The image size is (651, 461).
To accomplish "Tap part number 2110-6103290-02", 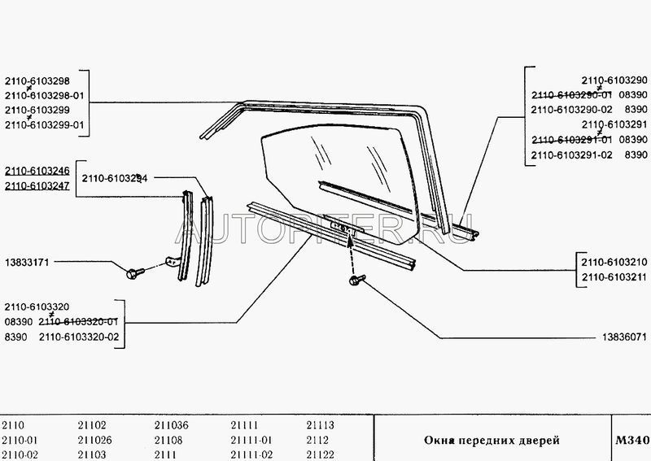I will [x=570, y=110].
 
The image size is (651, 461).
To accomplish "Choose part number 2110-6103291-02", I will [x=570, y=154].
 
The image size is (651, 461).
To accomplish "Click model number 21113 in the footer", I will [x=320, y=424].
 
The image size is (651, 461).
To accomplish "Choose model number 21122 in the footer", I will [x=320, y=454].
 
